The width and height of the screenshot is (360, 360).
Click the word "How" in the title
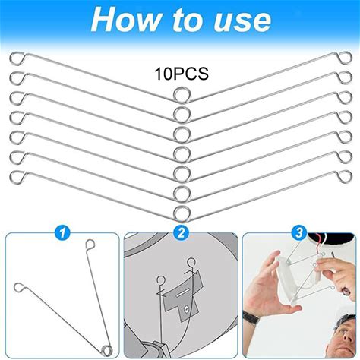[126, 20]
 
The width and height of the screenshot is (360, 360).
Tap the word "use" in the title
[242, 21]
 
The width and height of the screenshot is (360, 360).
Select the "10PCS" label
[182, 74]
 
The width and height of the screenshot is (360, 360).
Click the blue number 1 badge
[62, 232]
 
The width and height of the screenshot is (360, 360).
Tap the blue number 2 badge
[181, 232]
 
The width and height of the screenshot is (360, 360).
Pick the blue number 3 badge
[299, 232]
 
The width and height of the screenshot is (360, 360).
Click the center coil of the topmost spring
[182, 95]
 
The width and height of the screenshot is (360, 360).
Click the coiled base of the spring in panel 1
[107, 350]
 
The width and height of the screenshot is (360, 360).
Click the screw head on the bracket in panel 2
[187, 309]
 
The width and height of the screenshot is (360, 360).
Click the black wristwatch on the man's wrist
[251, 317]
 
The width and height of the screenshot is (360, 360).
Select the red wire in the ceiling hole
[317, 240]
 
